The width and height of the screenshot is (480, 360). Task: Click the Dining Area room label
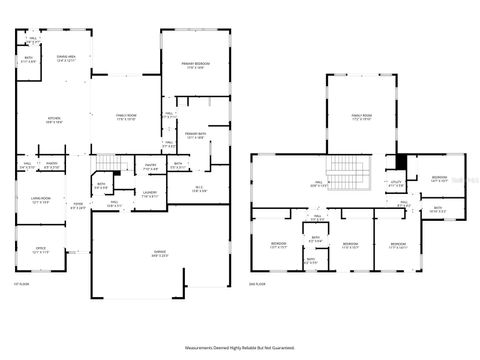67,59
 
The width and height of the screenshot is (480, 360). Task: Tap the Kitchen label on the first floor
54,120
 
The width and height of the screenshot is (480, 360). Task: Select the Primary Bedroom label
193,65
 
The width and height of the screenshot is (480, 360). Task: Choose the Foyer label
77,207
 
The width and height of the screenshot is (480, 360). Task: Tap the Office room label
41,250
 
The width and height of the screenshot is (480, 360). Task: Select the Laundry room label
149,193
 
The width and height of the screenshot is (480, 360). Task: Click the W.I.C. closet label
199,188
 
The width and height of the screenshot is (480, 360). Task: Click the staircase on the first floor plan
107,162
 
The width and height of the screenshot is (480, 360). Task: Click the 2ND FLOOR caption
259,285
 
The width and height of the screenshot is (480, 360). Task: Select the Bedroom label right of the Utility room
439,179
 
